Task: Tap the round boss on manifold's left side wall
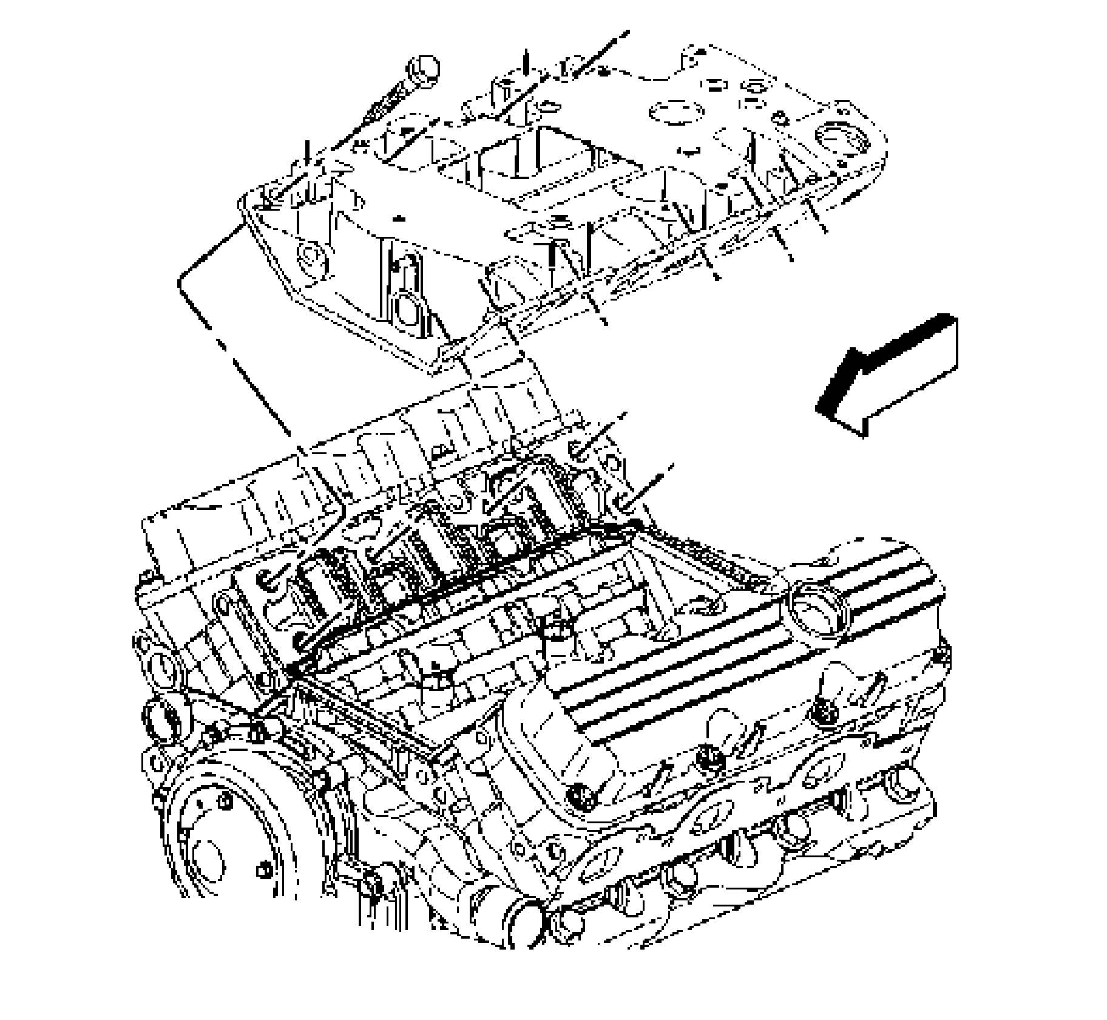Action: [x=311, y=258]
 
